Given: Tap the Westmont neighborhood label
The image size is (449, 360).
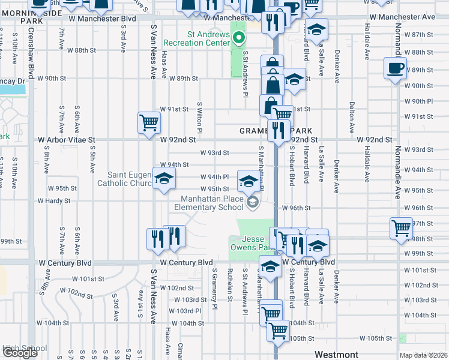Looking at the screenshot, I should point(336,355).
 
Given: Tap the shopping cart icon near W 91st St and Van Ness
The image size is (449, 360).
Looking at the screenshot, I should point(149,123).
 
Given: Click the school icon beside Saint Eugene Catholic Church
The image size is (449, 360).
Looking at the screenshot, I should point(163,179).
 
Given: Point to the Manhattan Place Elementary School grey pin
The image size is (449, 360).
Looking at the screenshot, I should point(253,203).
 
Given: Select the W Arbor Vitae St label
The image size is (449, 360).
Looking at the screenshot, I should point(67,139).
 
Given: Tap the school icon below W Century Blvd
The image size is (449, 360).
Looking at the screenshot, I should point(270,266).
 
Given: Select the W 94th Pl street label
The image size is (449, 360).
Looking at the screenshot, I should point(214,176).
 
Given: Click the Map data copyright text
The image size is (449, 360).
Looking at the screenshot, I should point(424,356).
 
